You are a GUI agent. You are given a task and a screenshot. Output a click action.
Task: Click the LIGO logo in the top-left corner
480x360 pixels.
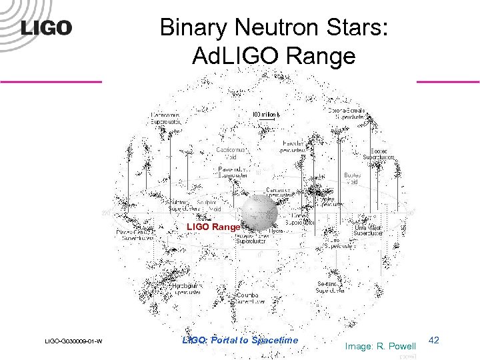(x=46, y=29)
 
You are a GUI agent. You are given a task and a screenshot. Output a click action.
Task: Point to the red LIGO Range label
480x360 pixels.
(x=213, y=227)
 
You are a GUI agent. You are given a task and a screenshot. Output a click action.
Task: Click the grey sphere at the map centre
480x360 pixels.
(x=259, y=213)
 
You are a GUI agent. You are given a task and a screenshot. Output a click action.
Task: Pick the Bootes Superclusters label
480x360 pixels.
(x=382, y=154)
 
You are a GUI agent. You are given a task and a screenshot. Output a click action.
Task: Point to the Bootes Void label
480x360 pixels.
(x=352, y=178)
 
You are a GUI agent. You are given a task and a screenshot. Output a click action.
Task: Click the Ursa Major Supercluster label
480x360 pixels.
(x=369, y=230)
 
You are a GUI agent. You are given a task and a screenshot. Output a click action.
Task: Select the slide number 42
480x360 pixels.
(x=433, y=341)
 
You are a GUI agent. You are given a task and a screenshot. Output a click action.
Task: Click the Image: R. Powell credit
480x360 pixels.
(x=381, y=346)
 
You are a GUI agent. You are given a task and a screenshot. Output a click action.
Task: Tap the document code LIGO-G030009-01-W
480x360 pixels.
(x=73, y=341)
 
